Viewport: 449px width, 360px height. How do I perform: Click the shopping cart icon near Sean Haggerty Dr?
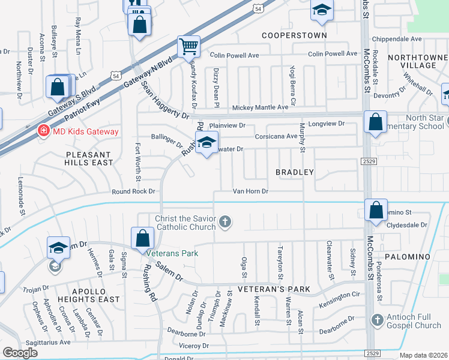click(188, 46)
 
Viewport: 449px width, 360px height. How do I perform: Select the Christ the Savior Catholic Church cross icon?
click(225, 223)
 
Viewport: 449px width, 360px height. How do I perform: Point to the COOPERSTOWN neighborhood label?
click(294, 35)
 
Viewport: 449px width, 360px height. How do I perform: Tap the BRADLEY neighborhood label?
click(295, 172)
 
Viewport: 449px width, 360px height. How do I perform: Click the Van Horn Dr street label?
click(250, 191)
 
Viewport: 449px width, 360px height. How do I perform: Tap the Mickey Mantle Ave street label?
click(260, 107)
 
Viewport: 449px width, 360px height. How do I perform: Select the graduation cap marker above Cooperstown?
click(322, 10)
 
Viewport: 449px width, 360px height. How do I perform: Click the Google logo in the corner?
click(20, 353)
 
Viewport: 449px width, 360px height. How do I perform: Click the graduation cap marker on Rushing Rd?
click(206, 143)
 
